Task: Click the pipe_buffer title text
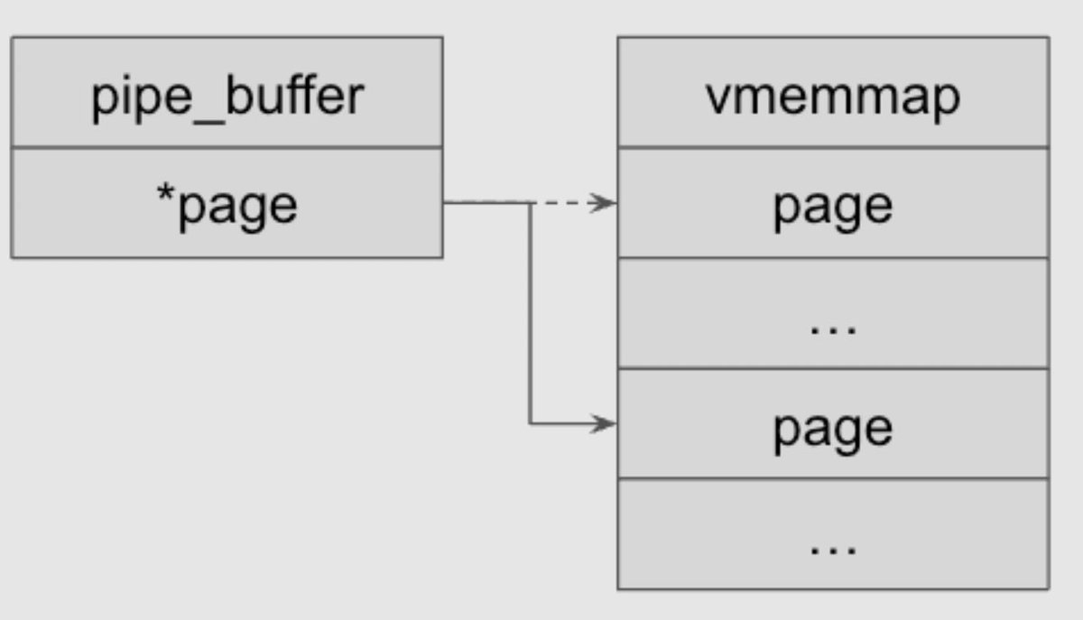click(227, 96)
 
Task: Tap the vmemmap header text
click(832, 96)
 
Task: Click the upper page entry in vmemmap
click(832, 206)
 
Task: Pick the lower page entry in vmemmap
click(832, 427)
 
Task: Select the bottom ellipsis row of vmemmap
click(832, 545)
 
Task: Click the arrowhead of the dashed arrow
click(605, 203)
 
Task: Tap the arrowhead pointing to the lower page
click(605, 423)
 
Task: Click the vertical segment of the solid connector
click(530, 316)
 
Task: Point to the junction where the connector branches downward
click(530, 203)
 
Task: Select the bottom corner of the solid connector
click(530, 423)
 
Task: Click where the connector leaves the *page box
click(444, 203)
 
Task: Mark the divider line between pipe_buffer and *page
click(227, 147)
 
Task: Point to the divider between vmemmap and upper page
click(832, 147)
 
